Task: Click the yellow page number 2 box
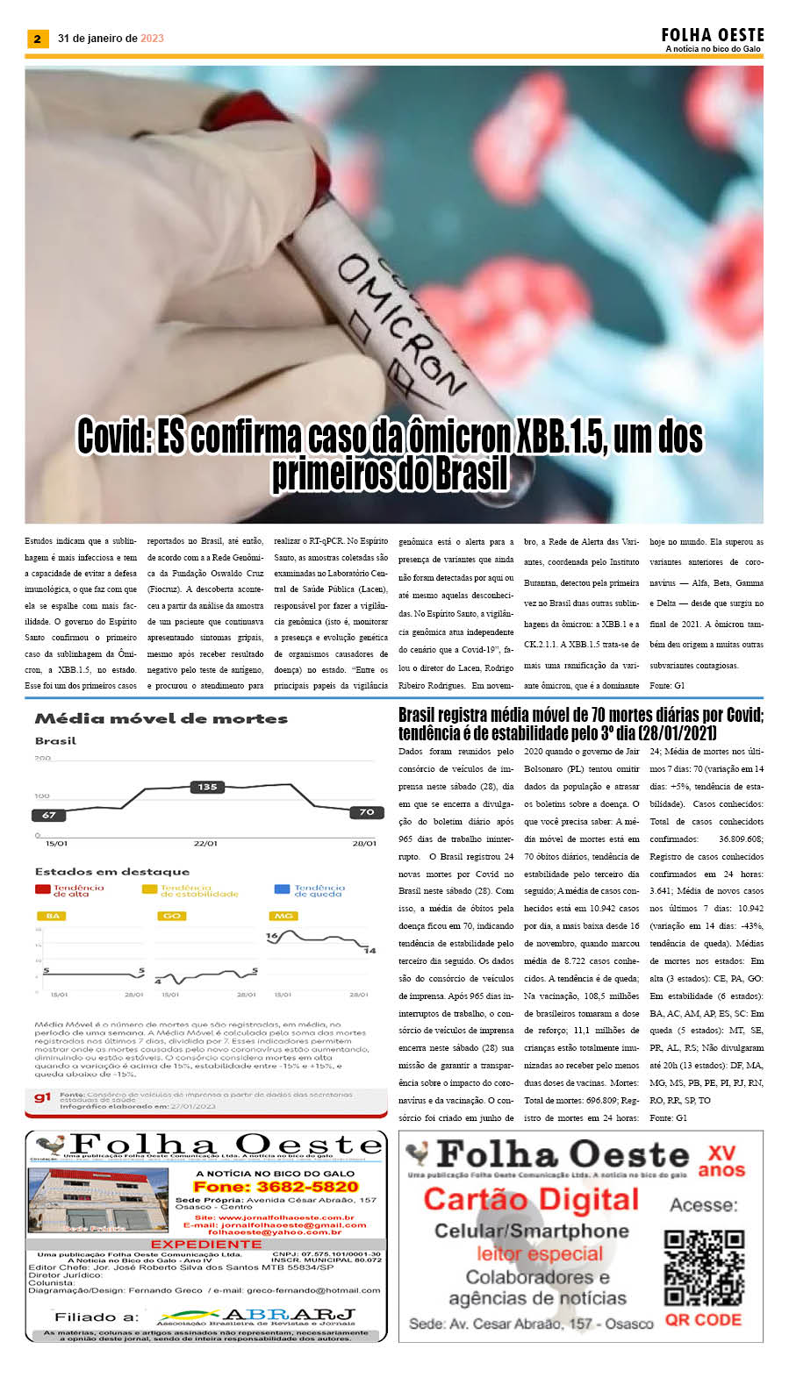pyautogui.click(x=36, y=39)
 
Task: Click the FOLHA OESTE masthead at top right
pyautogui.click(x=712, y=35)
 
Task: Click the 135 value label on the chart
pyautogui.click(x=207, y=787)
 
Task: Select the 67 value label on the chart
pyautogui.click(x=49, y=815)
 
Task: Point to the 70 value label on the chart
pyautogui.click(x=366, y=812)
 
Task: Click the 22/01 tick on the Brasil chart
pyautogui.click(x=205, y=843)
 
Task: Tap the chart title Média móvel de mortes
pyautogui.click(x=161, y=718)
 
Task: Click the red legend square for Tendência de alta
pyautogui.click(x=42, y=889)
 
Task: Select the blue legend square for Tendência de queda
pyautogui.click(x=282, y=889)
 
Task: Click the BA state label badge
pyautogui.click(x=53, y=916)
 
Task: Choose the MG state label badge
pyautogui.click(x=283, y=916)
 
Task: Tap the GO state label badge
pyautogui.click(x=171, y=916)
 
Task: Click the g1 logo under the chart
pyautogui.click(x=43, y=1097)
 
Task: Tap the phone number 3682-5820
pyautogui.click(x=276, y=1187)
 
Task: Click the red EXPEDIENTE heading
pyautogui.click(x=206, y=1244)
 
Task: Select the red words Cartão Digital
pyautogui.click(x=531, y=1199)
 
